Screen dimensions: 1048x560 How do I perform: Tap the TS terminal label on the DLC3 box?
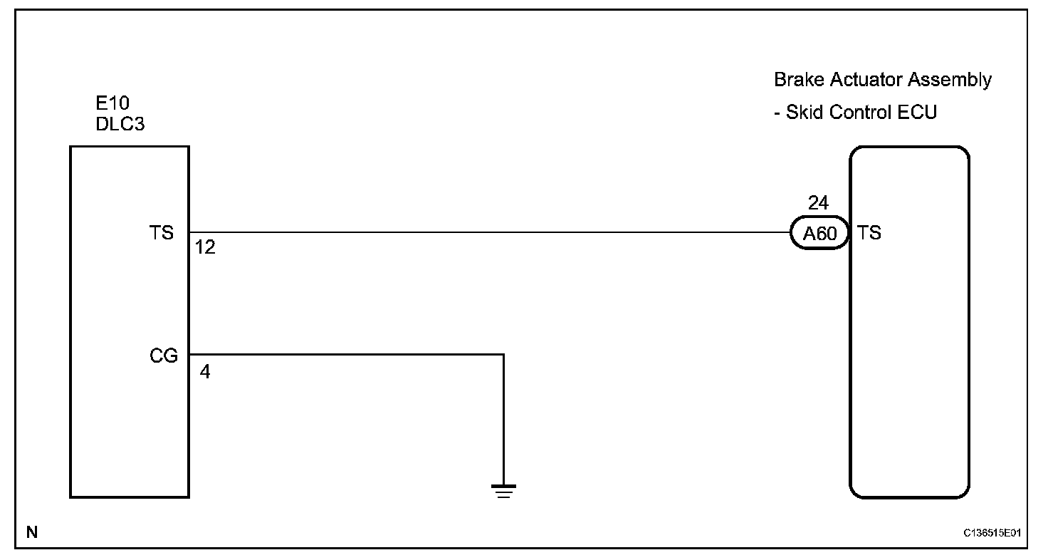tap(162, 233)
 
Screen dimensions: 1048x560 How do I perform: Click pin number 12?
tap(205, 249)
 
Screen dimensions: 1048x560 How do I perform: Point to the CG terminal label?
tap(164, 356)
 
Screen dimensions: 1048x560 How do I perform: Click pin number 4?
tap(205, 372)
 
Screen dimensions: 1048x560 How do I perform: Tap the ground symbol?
tap(503, 490)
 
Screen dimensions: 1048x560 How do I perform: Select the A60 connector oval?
tap(819, 234)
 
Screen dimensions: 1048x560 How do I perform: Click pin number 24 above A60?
tap(818, 203)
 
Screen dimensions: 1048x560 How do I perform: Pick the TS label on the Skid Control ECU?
tap(869, 233)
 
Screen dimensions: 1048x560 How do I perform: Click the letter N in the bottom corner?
tap(32, 532)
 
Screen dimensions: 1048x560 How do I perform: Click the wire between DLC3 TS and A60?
tap(484, 232)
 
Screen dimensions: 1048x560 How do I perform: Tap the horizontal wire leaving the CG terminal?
tap(342, 354)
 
